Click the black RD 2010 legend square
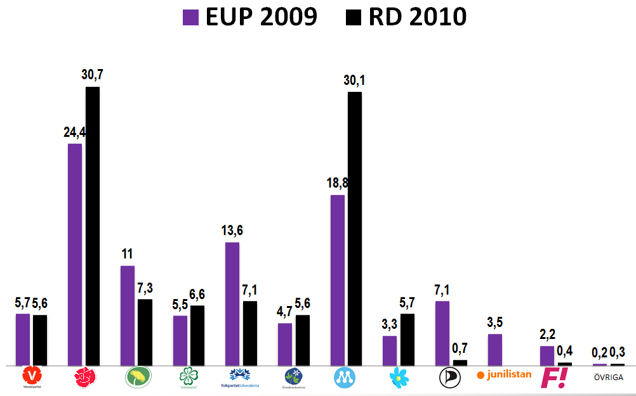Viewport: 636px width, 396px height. (x=354, y=16)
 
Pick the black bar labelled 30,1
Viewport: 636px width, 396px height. (x=355, y=229)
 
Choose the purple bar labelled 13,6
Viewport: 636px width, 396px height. (x=232, y=304)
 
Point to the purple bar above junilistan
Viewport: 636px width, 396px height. (x=495, y=350)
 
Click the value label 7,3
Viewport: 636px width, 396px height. (x=145, y=288)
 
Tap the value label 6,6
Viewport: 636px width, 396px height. (x=197, y=295)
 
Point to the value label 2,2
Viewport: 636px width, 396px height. (x=547, y=335)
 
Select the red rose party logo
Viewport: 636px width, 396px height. (x=84, y=378)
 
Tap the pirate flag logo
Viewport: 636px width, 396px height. (x=449, y=378)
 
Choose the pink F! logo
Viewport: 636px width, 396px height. (x=553, y=378)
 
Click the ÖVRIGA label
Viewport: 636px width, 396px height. (x=609, y=378)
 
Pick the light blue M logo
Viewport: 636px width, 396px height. (x=346, y=378)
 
